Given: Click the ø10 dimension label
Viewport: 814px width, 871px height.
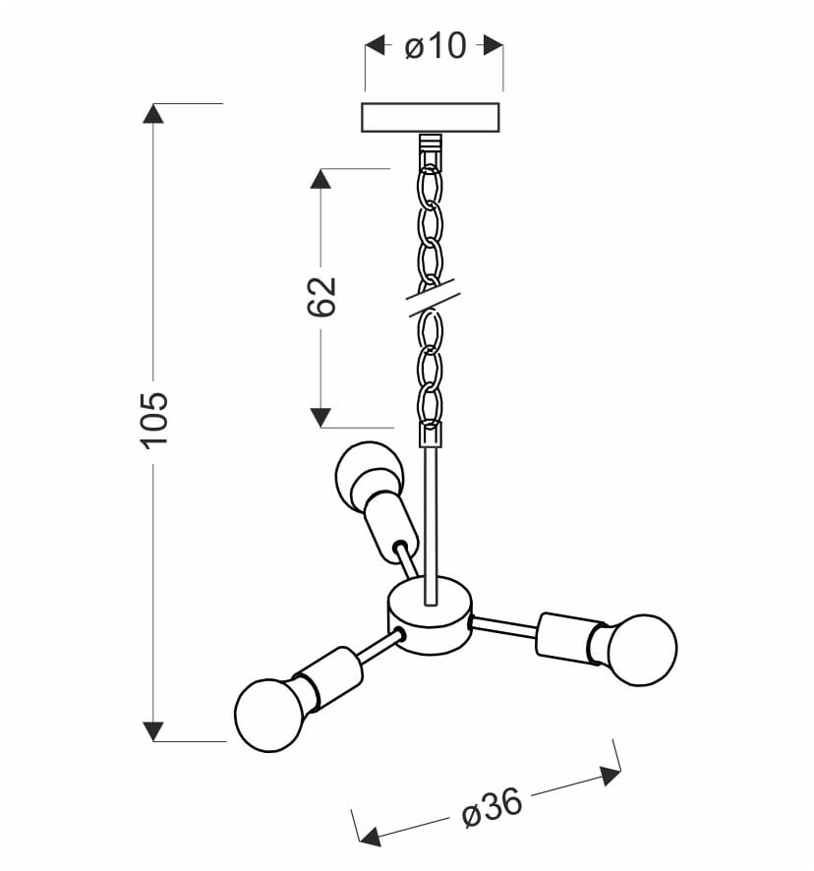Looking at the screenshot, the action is click(x=436, y=45).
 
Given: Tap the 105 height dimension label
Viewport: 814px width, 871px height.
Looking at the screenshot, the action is click(x=153, y=420).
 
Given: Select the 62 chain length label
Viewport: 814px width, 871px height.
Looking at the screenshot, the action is click(x=321, y=296).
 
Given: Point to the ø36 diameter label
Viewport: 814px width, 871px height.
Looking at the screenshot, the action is click(x=493, y=808).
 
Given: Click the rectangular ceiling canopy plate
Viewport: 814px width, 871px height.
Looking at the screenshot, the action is click(x=430, y=117).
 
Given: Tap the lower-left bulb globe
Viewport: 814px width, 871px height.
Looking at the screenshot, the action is click(x=270, y=716).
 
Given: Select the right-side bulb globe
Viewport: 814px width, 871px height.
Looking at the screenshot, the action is click(x=641, y=650).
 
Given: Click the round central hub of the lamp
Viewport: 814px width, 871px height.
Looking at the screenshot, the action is click(x=430, y=614).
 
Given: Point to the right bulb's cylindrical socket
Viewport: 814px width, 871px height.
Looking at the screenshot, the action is click(x=563, y=639).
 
